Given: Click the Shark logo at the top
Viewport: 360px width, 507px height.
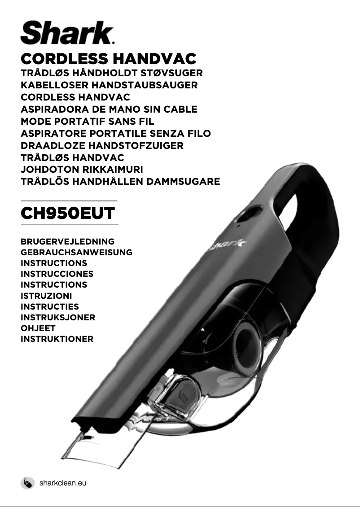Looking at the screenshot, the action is (67, 33).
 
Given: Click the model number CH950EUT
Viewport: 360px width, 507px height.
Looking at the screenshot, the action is (68, 213).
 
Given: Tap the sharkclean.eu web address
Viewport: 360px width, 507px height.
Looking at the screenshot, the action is (62, 483).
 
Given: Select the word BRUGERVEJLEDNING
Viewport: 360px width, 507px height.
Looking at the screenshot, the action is (67, 241).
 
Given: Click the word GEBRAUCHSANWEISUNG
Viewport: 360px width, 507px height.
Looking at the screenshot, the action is (76, 252).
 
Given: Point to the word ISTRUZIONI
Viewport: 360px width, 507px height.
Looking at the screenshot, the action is (46, 296).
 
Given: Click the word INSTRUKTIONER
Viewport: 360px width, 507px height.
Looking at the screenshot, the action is (57, 339).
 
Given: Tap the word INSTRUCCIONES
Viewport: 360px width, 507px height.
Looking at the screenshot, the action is (57, 274).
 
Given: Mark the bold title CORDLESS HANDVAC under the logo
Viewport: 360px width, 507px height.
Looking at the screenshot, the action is (109, 59).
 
